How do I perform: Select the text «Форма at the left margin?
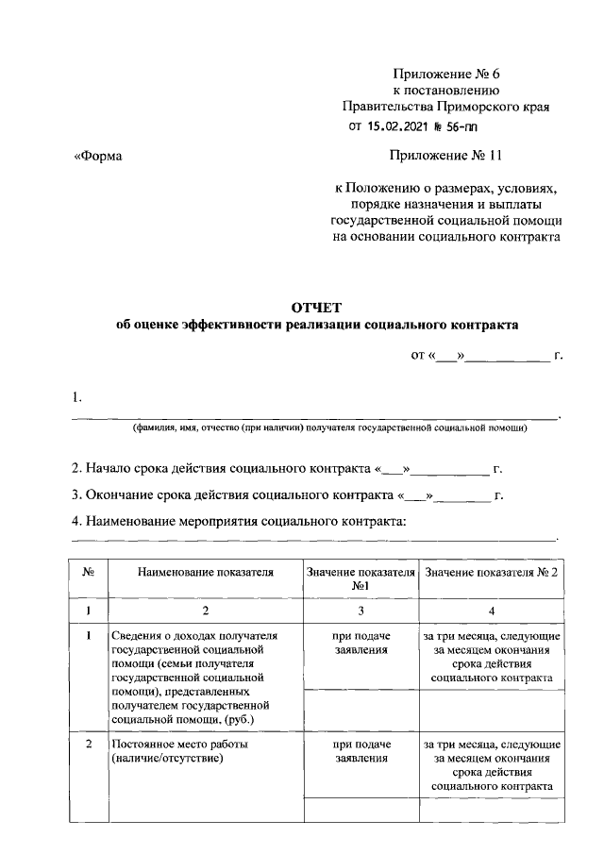point(99,157)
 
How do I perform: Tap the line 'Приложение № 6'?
point(443,73)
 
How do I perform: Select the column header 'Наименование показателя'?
point(205,572)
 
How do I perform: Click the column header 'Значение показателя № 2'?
point(492,572)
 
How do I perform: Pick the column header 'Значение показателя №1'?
point(360,578)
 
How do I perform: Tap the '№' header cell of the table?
point(88,572)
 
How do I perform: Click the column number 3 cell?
point(360,611)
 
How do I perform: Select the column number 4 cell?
point(492,611)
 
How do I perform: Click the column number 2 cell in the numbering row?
point(205,611)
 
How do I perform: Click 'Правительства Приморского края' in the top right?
point(445,107)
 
